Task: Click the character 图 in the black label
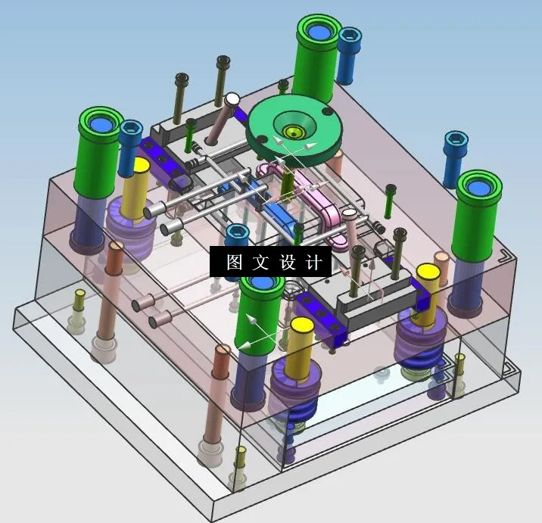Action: [x=234, y=262]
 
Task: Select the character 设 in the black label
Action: [x=288, y=262]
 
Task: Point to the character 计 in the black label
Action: [x=314, y=262]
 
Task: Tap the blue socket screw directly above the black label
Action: [x=238, y=232]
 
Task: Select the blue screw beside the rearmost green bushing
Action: [x=349, y=39]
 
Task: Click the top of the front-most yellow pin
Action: [x=301, y=326]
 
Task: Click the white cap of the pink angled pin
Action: [x=232, y=99]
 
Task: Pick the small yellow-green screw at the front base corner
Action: [x=241, y=454]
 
